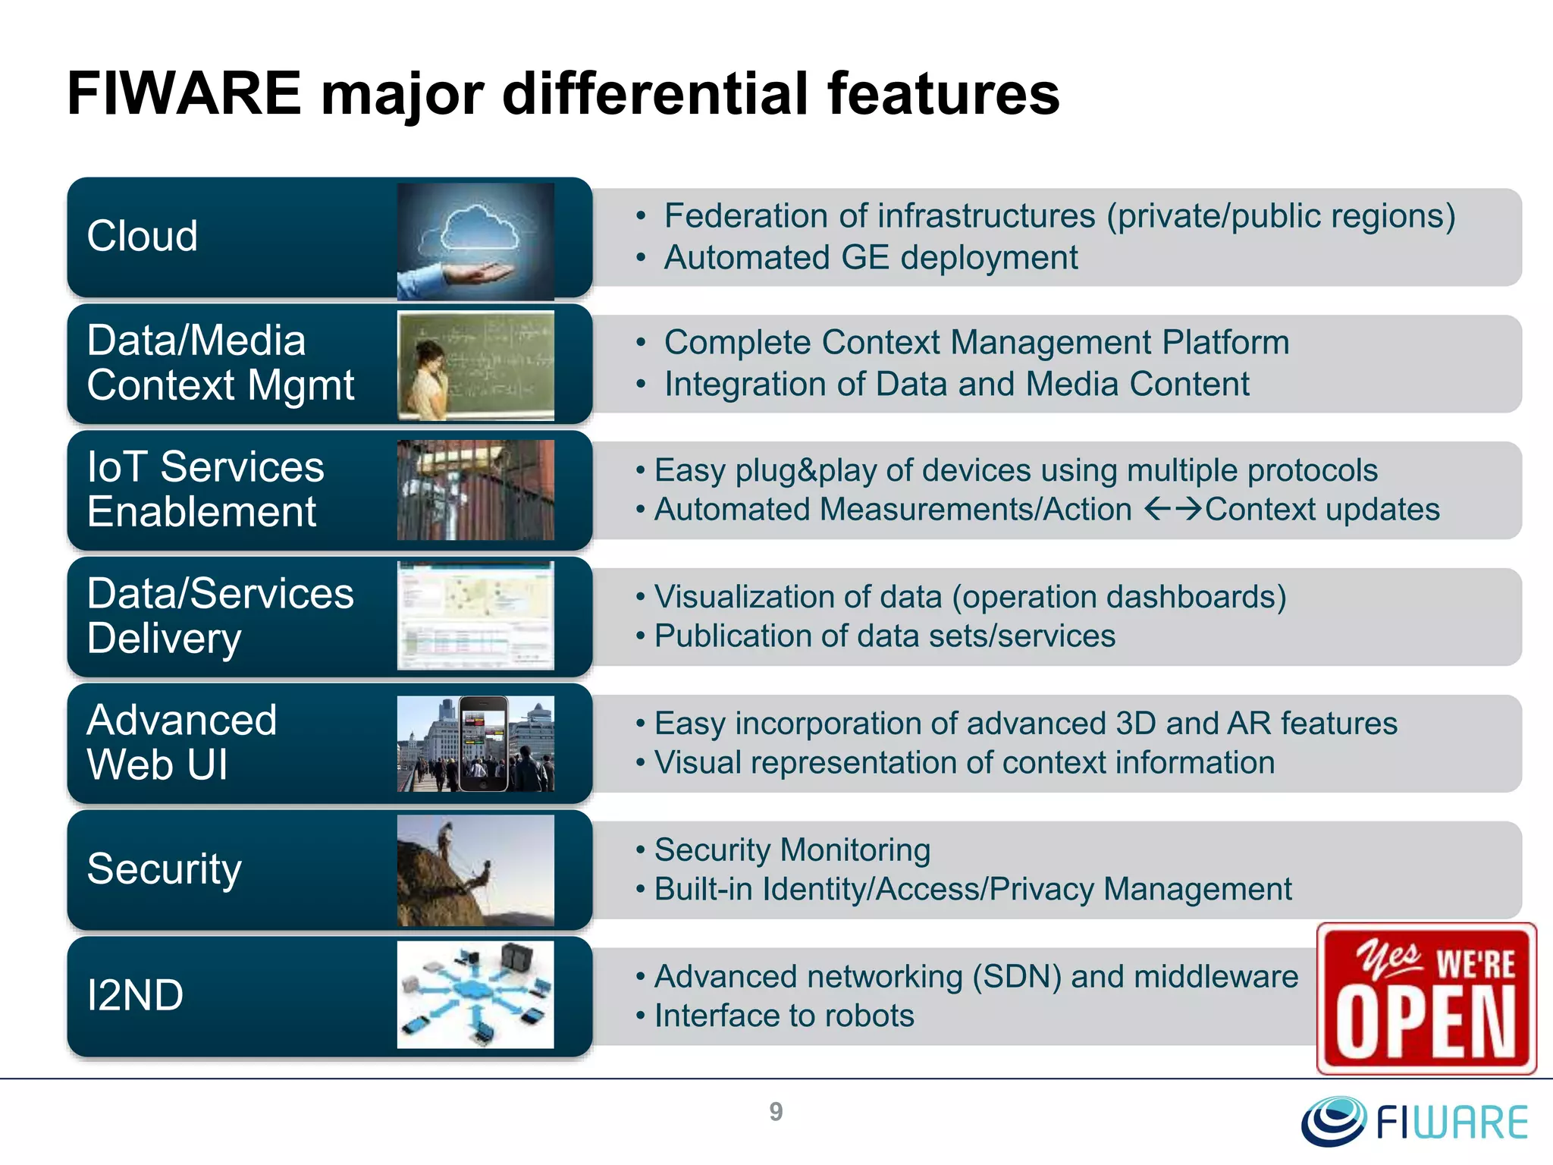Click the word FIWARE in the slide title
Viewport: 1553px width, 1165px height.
[184, 93]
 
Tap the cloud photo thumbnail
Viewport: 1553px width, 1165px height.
[475, 240]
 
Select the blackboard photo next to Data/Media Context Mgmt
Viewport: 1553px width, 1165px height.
[475, 365]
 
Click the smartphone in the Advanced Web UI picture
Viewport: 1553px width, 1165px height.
[484, 744]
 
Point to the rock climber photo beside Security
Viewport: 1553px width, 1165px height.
[475, 870]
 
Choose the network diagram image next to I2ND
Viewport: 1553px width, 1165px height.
[475, 994]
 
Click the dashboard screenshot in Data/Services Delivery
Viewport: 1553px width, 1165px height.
[475, 616]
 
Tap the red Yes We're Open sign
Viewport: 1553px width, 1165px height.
[1426, 998]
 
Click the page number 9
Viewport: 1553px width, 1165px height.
[776, 1112]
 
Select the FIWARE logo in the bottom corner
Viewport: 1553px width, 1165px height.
[1415, 1121]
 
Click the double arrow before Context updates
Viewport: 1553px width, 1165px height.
[1172, 508]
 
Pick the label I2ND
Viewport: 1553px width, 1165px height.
[135, 995]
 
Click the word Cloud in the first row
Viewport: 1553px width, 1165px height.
[143, 236]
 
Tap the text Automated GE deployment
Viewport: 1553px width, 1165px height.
[871, 258]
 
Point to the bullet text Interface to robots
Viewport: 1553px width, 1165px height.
[784, 1016]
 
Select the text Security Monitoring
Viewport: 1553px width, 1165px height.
[792, 850]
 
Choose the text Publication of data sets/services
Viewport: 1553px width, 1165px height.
[884, 636]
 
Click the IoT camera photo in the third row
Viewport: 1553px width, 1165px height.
[475, 490]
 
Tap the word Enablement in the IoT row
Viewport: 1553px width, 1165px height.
[202, 512]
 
